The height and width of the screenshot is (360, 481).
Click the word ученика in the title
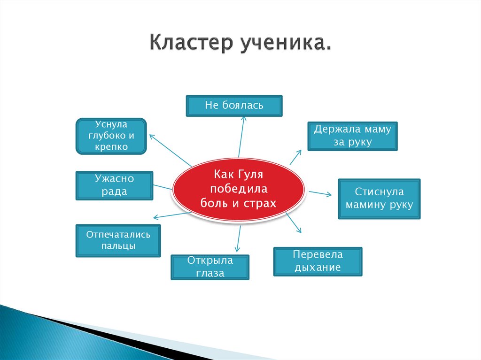click(285, 42)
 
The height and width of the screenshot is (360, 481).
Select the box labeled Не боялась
click(234, 106)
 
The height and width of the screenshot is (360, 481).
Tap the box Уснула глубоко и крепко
click(111, 136)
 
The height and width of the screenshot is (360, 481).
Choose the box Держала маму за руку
click(352, 136)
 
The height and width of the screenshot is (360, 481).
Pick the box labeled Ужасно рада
click(114, 185)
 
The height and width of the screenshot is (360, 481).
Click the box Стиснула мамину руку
click(379, 199)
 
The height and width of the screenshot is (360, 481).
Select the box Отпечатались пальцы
click(118, 240)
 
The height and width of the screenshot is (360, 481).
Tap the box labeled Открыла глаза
click(209, 267)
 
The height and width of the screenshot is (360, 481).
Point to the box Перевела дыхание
click(318, 261)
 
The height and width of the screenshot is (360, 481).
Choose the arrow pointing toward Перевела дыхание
click(294, 223)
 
